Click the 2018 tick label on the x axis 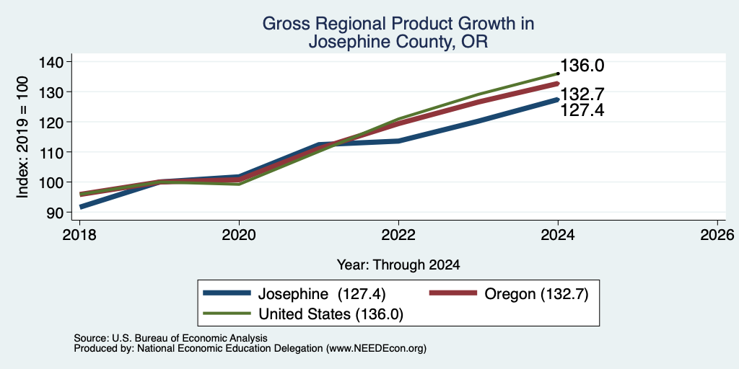[79, 234]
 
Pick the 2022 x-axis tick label [398, 234]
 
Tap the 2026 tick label [717, 234]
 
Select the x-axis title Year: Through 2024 [398, 265]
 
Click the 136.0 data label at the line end [582, 66]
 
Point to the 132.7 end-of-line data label [582, 94]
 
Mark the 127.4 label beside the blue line [582, 110]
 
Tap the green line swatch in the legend [227, 314]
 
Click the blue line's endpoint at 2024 [558, 99]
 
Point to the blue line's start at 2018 [80, 207]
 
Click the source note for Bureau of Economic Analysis [170, 338]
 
